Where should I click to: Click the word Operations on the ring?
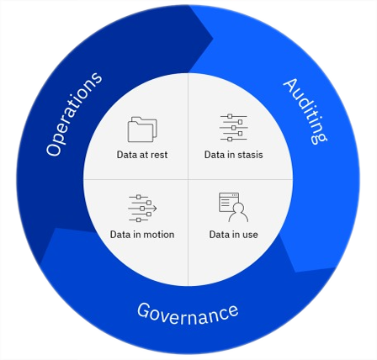tap(74, 114)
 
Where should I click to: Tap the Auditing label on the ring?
tap(305, 111)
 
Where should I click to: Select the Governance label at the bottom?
tap(188, 314)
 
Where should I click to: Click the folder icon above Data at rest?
tap(142, 130)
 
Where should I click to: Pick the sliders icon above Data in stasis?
tap(234, 128)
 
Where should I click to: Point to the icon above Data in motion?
tap(142, 209)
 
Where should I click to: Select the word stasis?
tap(250, 155)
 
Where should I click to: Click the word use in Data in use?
tap(250, 235)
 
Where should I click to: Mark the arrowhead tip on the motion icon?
tap(157, 209)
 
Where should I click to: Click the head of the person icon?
tap(238, 208)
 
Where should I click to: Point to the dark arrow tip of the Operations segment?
tap(213, 38)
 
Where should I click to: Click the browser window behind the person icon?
tap(229, 202)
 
